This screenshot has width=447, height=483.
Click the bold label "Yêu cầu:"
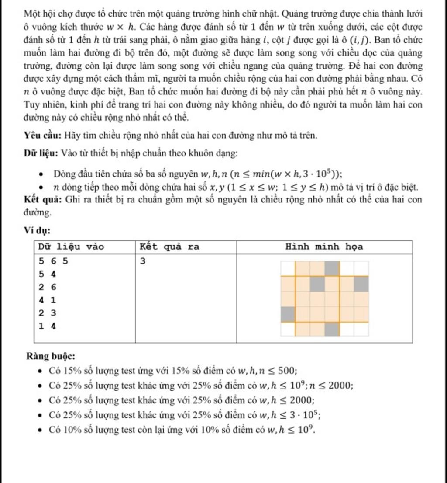click(42, 135)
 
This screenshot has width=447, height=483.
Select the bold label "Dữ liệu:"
click(41, 153)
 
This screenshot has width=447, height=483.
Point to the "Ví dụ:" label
click(37, 230)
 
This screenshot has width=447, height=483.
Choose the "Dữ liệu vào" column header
click(71, 247)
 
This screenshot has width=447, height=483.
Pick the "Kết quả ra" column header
click(169, 247)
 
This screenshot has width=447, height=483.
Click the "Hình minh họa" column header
click(324, 247)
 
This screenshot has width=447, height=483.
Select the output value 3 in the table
click(143, 261)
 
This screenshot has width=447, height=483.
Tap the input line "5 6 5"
click(53, 261)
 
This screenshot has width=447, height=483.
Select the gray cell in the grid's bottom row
click(332, 329)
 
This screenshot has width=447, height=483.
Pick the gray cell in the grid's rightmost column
click(361, 284)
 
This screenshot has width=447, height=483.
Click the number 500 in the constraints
click(287, 371)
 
